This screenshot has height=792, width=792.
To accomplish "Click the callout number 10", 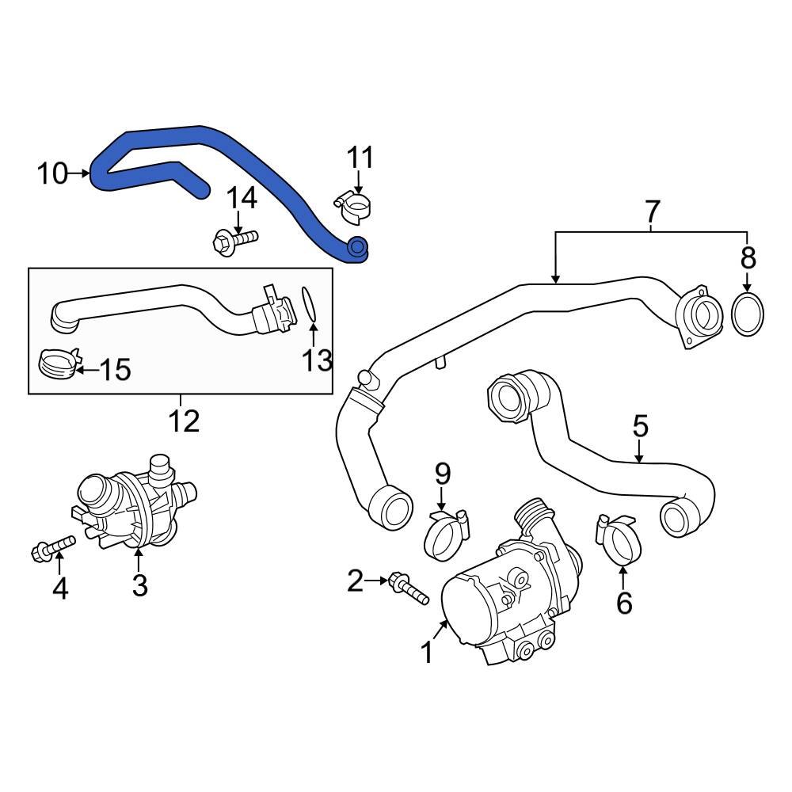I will point(53,173).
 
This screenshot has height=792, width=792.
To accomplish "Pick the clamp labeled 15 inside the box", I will point(59,364).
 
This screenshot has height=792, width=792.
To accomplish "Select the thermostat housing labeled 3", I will point(135,507).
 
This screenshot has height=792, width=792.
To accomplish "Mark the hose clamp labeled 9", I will point(447,534).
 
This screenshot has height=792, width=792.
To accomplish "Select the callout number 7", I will point(651,211).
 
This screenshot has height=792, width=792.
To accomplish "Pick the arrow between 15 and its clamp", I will point(86,369).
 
